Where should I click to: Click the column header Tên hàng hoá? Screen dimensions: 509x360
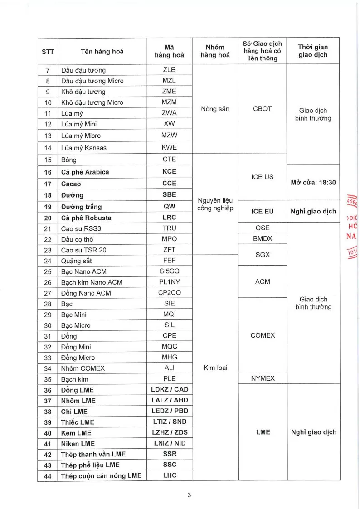(102, 51)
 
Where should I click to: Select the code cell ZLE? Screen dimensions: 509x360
(169, 70)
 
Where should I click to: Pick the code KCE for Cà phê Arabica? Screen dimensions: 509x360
(169, 171)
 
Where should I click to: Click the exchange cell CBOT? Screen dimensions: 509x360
(262, 109)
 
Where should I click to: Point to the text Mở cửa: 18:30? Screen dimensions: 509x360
(313, 182)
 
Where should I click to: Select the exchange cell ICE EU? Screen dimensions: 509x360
(262, 211)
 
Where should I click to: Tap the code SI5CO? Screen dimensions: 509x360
(169, 271)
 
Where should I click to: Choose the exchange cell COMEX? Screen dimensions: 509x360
(262, 335)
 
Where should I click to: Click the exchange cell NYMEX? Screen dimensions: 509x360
(262, 378)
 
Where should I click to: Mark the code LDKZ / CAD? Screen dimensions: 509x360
(169, 389)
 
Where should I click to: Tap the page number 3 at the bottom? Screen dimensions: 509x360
(190, 495)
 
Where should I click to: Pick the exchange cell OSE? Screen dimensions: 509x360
(262, 228)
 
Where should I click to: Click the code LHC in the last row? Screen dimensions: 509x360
(169, 475)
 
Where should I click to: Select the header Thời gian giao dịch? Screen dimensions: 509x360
(313, 51)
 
